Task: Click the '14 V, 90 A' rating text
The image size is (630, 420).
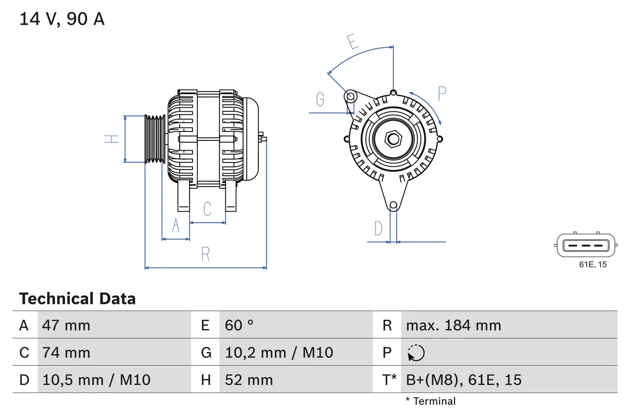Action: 62,19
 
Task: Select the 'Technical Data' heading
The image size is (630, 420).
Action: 77,299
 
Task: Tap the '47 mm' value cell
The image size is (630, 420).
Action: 66,325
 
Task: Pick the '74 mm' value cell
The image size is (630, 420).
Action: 66,353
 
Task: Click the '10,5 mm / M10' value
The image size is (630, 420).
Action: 96,380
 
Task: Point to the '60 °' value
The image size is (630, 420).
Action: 239,325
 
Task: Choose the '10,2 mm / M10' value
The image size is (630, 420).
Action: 279,353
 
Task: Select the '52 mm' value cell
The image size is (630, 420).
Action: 249,380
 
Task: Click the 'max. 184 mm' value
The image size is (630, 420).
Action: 453,325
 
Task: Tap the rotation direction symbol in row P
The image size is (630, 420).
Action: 416,353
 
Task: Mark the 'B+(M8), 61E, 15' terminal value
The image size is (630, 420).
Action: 464,380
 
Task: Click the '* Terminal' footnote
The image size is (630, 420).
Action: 431,401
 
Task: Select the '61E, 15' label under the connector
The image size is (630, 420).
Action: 593,265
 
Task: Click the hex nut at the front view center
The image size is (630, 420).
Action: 393,139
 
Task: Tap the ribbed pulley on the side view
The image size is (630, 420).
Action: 155,139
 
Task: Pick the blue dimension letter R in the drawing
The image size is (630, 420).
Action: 206,254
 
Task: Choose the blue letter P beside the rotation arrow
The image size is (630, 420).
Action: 442,94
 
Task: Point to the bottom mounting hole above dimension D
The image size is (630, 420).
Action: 393,205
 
